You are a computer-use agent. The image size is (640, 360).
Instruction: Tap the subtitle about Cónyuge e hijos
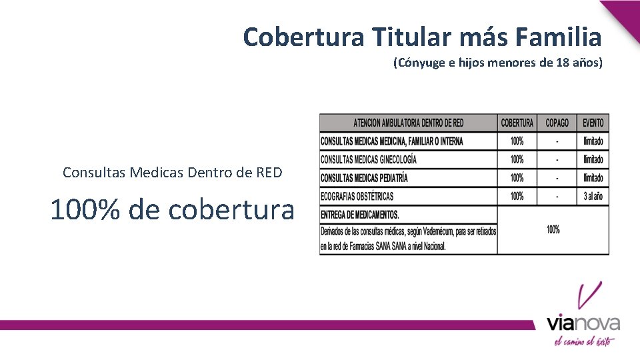pos(497,63)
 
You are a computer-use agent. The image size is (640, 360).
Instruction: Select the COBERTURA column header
pos(517,123)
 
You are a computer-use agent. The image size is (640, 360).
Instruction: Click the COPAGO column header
pos(557,123)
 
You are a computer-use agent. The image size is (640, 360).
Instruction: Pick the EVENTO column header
pos(593,123)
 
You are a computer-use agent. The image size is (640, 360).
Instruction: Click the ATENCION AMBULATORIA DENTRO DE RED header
pos(408,123)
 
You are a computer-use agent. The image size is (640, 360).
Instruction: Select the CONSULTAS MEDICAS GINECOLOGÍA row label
pos(369,160)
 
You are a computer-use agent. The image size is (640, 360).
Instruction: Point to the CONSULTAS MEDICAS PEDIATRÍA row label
pos(364,178)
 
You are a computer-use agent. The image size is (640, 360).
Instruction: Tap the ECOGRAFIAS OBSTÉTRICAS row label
pos(357,197)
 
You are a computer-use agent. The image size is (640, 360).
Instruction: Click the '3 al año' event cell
pos(593,197)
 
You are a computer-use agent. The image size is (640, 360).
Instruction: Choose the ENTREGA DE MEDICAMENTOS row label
pos(360,215)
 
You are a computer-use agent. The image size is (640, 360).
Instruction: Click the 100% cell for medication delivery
pos(553,230)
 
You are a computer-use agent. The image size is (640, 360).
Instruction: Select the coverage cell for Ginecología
pos(517,160)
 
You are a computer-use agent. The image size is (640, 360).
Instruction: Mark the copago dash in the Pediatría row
pos(557,178)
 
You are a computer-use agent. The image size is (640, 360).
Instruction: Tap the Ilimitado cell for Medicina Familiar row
pos(593,141)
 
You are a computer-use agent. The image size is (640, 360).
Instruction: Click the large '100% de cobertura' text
pos(172,209)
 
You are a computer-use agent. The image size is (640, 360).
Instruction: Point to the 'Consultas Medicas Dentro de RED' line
pos(173,173)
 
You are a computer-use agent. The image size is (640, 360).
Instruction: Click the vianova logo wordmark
pos(583,323)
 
